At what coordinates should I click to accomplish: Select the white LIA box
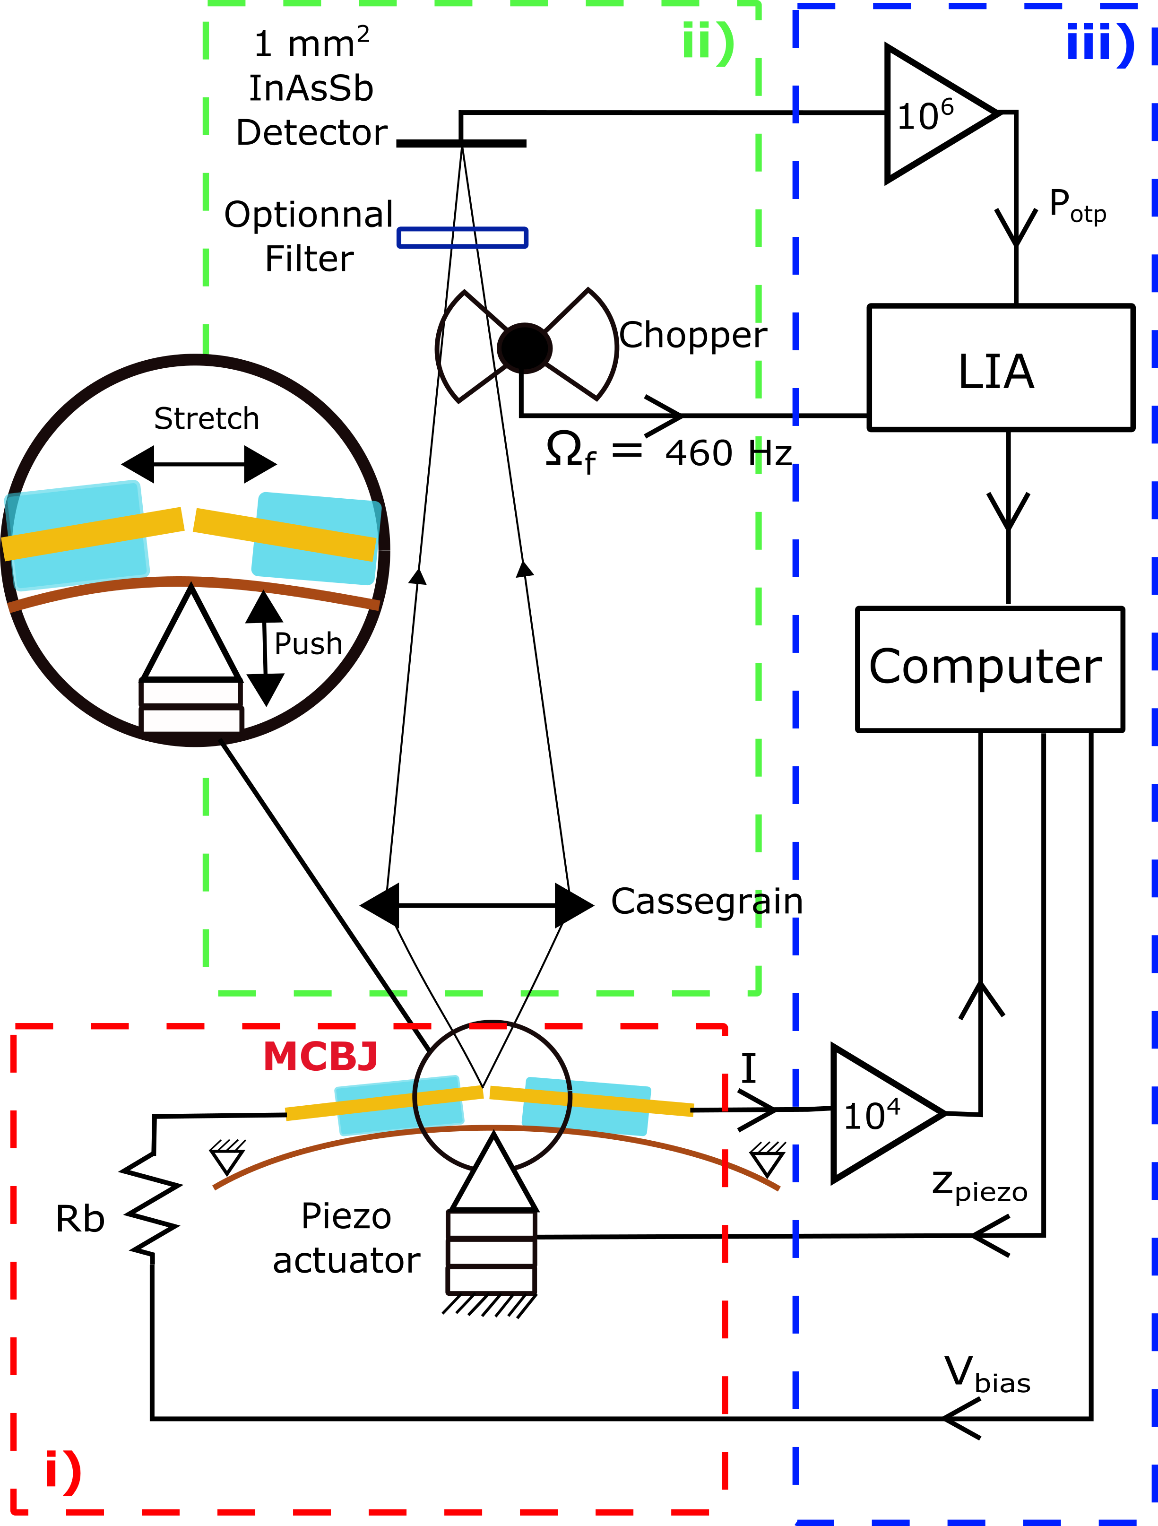point(1000,368)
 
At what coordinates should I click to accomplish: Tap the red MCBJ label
point(321,1056)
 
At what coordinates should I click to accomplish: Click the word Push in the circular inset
point(308,644)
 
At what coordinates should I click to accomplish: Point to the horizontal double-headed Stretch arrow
point(199,464)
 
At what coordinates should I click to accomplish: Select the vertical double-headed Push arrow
point(265,649)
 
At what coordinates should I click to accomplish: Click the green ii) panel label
point(708,43)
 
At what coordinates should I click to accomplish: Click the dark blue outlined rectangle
point(462,238)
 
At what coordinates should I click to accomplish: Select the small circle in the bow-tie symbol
point(524,347)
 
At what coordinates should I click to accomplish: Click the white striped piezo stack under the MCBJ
point(491,1252)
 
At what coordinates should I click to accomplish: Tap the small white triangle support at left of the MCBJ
point(227,1159)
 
